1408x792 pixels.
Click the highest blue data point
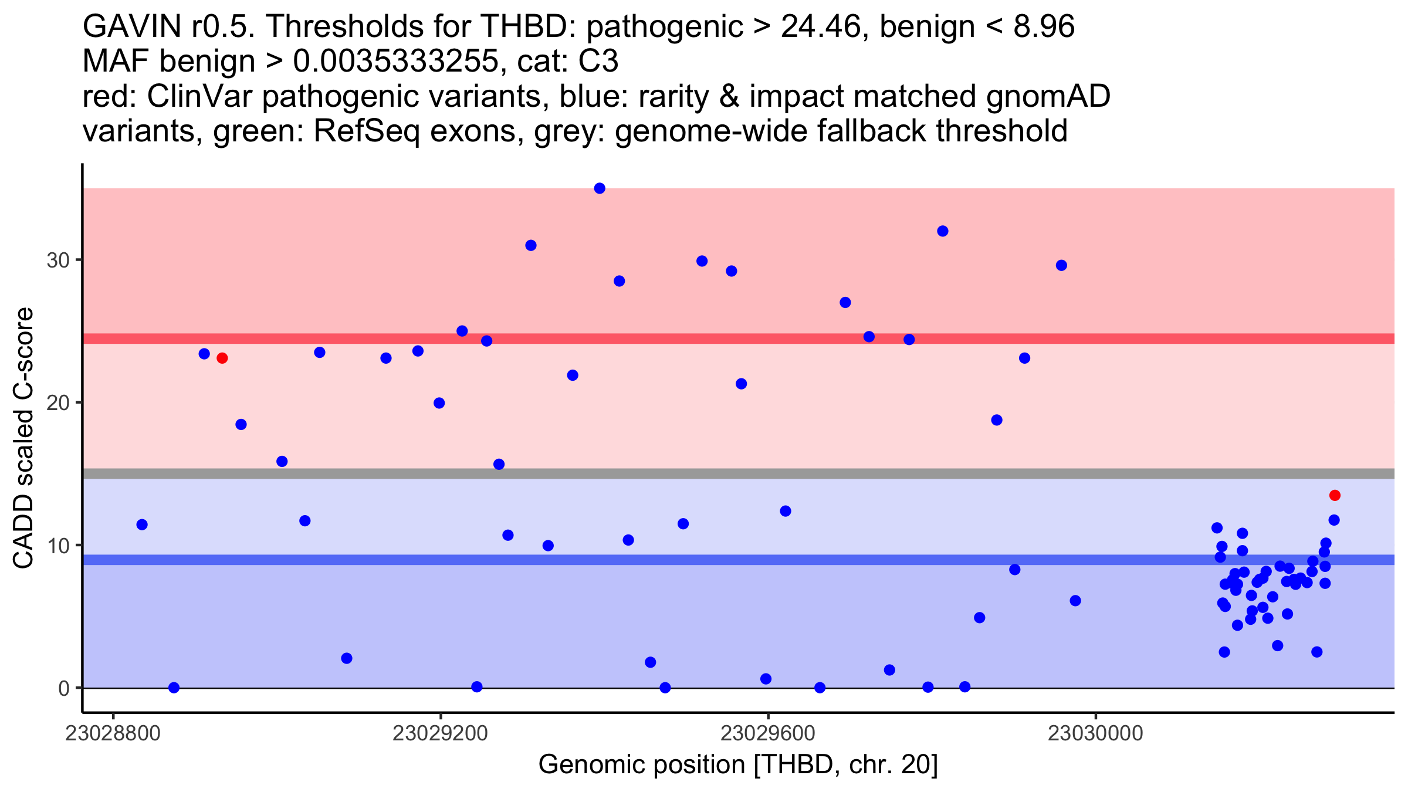pyautogui.click(x=600, y=188)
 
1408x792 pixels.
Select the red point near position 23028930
pyautogui.click(x=222, y=358)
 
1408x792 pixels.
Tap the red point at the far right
pyautogui.click(x=1335, y=495)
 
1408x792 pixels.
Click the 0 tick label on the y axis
pyautogui.click(x=64, y=688)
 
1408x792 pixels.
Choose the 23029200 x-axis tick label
pyautogui.click(x=440, y=733)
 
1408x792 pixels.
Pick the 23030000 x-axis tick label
pyautogui.click(x=1095, y=733)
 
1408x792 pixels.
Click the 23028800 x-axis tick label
pyautogui.click(x=113, y=733)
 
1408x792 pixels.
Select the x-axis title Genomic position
pyautogui.click(x=737, y=764)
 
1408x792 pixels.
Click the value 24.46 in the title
pyautogui.click(x=823, y=26)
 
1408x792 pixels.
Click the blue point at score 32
pyautogui.click(x=943, y=231)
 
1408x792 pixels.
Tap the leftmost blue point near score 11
pyautogui.click(x=142, y=524)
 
